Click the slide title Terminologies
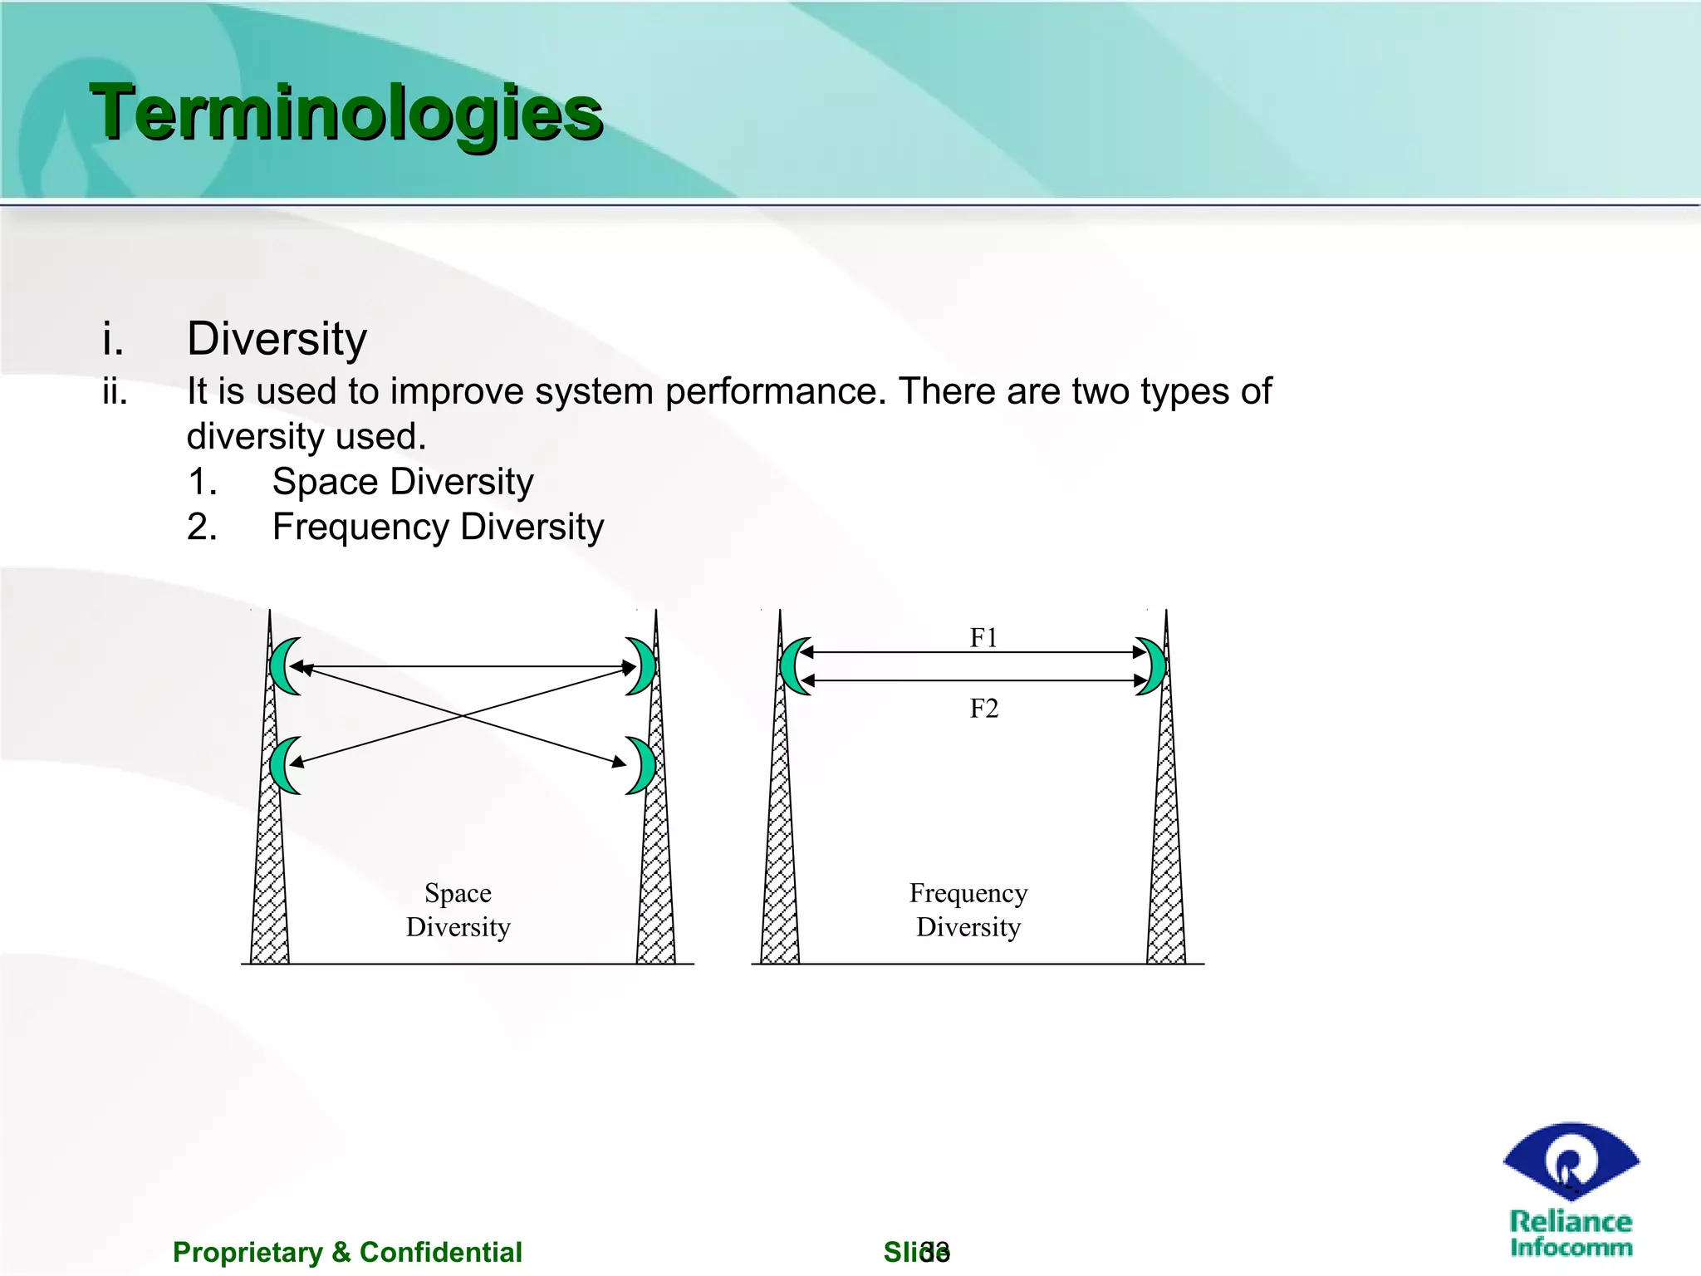[x=346, y=113]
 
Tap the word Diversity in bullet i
[x=277, y=339]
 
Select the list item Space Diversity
[x=403, y=482]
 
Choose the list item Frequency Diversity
[x=438, y=527]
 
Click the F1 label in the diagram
[x=983, y=637]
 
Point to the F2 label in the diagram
[x=983, y=709]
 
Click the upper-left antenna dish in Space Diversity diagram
[x=283, y=666]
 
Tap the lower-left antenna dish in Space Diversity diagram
[x=283, y=765]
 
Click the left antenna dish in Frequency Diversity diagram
[x=793, y=666]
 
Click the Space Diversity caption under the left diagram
[x=458, y=910]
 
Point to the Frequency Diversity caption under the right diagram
[x=968, y=910]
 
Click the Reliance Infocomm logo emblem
[x=1571, y=1161]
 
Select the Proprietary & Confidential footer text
[x=347, y=1252]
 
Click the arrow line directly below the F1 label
[x=973, y=653]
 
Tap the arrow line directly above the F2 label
[x=973, y=681]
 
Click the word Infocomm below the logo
[x=1571, y=1247]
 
